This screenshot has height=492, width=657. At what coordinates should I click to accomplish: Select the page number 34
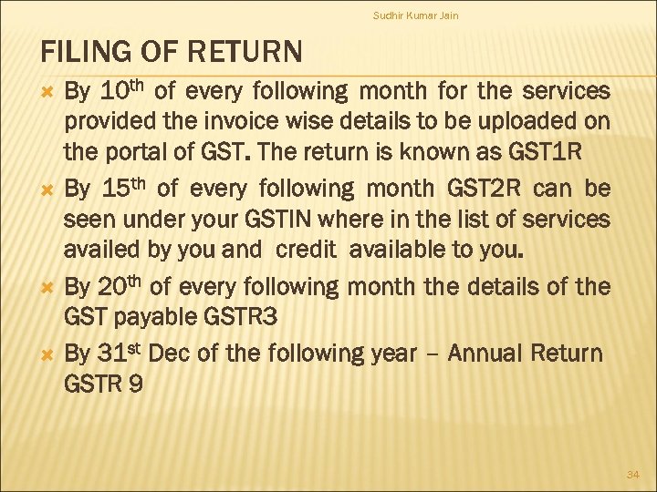631,475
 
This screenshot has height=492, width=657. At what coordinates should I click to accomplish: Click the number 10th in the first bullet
121,92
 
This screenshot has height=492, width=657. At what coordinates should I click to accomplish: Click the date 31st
117,353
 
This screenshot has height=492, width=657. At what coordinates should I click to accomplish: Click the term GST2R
493,190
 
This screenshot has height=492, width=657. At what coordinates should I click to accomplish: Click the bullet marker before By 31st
51,353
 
